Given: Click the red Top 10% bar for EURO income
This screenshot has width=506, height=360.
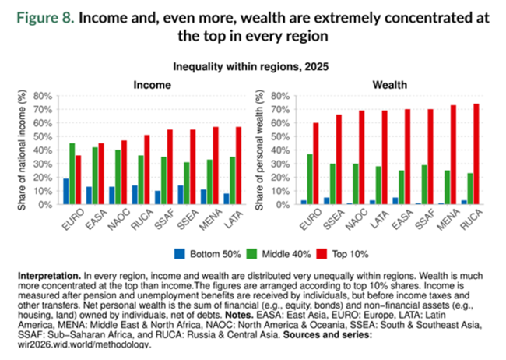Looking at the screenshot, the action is pos(79,180).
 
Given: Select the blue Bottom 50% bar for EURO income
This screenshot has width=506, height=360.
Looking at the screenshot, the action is pos(66,192).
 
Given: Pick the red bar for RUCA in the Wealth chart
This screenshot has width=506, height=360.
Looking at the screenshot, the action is pos(476,154).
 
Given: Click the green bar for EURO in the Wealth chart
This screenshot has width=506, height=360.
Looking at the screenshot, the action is pos(310,179).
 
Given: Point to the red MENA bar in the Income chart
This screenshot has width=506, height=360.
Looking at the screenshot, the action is pos(216,165).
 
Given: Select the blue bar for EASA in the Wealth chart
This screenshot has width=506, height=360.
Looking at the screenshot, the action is pos(395,201).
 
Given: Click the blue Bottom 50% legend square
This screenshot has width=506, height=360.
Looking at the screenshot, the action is pos(179,254).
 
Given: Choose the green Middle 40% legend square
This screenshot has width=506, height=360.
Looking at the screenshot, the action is pos(251,254).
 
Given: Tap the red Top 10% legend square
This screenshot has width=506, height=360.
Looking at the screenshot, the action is pos(322,254).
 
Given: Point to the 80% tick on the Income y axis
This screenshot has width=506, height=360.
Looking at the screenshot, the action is pos(43,96).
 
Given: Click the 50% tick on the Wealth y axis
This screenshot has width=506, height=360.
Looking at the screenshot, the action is pos(280,136).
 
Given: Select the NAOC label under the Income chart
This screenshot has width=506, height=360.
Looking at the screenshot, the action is pos(119,220).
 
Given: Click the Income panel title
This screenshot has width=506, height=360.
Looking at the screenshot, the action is pos(152,85).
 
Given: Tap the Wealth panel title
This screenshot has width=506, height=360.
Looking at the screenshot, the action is pos(389,85).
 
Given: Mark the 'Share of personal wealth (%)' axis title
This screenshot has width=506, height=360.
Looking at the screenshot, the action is pos(260,150).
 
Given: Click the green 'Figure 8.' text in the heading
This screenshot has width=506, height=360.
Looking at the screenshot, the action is pos(45,18).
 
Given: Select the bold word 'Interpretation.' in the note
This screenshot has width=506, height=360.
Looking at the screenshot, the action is pos(49,276).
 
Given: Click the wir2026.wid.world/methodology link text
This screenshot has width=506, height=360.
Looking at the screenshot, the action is pos(84,344).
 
